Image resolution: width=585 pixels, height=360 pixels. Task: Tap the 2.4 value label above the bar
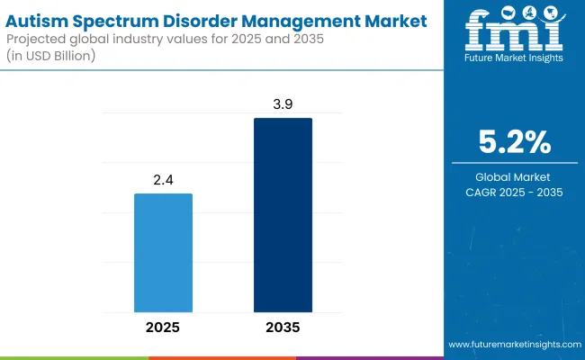pos(163,181)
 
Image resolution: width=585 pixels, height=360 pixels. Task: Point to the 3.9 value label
pos(283,105)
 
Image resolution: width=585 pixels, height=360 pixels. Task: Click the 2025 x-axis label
pos(163,327)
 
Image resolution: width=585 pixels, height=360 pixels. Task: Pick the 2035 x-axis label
pos(283,327)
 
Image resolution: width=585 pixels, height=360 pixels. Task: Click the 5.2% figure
pos(514,142)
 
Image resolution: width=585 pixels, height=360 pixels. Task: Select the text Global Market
pos(514,176)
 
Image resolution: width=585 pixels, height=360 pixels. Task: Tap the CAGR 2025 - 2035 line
pos(514,193)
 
